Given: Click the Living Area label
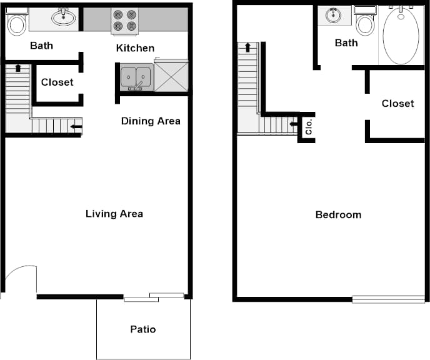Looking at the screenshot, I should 114,214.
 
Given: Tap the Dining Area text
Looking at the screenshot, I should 151,121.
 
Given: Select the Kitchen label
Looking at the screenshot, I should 135,48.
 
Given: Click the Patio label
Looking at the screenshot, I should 142,329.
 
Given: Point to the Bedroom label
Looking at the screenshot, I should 338,214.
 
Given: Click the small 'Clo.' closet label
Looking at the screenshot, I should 309,128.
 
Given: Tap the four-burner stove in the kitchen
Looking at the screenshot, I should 125,20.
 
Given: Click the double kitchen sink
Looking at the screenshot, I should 135,77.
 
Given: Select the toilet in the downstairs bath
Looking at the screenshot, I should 16,23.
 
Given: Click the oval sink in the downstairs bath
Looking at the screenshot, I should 62,17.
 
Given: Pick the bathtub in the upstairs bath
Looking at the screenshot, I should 404,35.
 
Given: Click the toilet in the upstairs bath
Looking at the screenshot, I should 364,23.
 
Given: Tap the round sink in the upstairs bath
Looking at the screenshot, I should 333,15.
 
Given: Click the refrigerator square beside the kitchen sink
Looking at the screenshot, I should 171,76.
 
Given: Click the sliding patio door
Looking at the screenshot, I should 154,297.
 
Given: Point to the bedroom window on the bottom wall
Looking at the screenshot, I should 388,299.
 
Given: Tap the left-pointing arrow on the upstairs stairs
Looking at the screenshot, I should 292,124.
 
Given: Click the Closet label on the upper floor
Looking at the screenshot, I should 397,103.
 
